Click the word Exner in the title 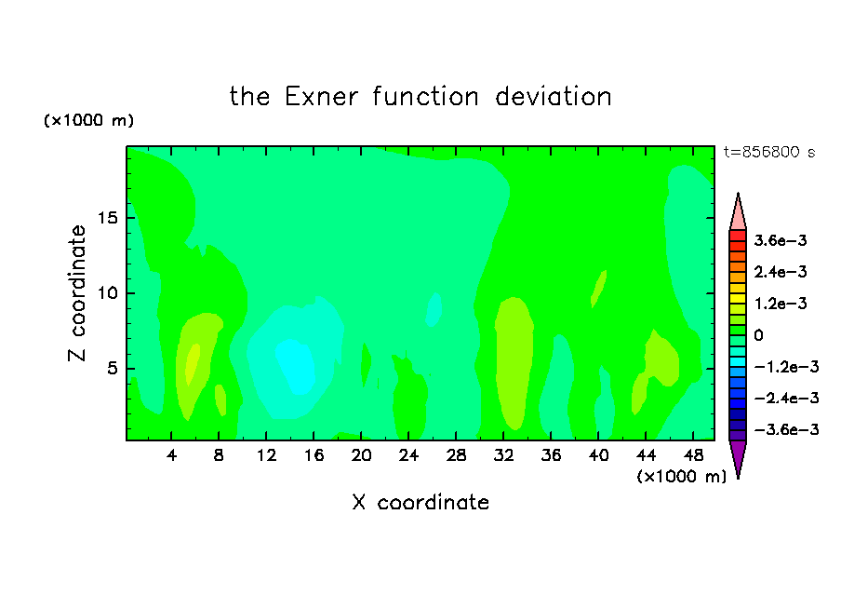321,97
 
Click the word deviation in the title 553,97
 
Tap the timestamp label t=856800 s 769,152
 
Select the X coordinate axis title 420,502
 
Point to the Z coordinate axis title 77,293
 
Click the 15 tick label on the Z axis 108,218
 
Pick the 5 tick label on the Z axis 113,369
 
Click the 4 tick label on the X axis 171,455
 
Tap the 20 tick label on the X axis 361,455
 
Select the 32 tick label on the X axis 503,455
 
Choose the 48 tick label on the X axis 693,455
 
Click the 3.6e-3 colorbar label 781,240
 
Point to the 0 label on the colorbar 758,335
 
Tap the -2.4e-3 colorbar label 786,398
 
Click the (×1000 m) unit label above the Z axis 88,120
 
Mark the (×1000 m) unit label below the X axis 681,477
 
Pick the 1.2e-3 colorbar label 781,304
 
